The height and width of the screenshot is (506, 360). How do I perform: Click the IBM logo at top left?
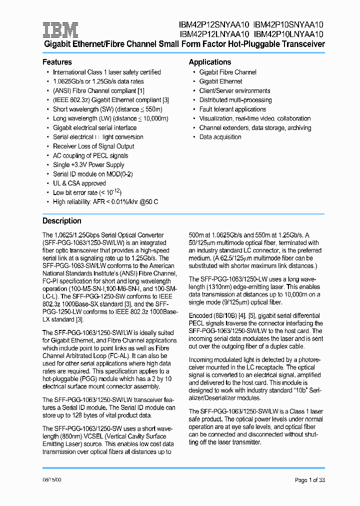pos(60,29)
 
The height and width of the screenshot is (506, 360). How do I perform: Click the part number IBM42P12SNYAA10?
pos(213,24)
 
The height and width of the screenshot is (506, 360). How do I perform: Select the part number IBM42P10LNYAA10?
pos(289,34)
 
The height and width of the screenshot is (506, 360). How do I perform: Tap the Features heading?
pos(57,62)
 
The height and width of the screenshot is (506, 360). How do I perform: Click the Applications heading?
pos(209,62)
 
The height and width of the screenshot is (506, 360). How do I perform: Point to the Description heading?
pos(61,220)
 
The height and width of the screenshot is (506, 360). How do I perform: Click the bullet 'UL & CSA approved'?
pos(79,183)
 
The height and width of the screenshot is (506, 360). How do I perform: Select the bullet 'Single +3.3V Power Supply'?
pos(88,164)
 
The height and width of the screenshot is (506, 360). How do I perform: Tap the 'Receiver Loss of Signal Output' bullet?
pos(93,146)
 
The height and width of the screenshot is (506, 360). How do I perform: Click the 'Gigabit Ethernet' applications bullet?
pos(220,81)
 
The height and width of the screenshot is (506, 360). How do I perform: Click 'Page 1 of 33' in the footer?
pos(309,480)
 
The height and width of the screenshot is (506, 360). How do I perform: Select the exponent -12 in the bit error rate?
pos(115,190)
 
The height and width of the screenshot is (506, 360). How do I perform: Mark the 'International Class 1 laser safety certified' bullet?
pos(106,72)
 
